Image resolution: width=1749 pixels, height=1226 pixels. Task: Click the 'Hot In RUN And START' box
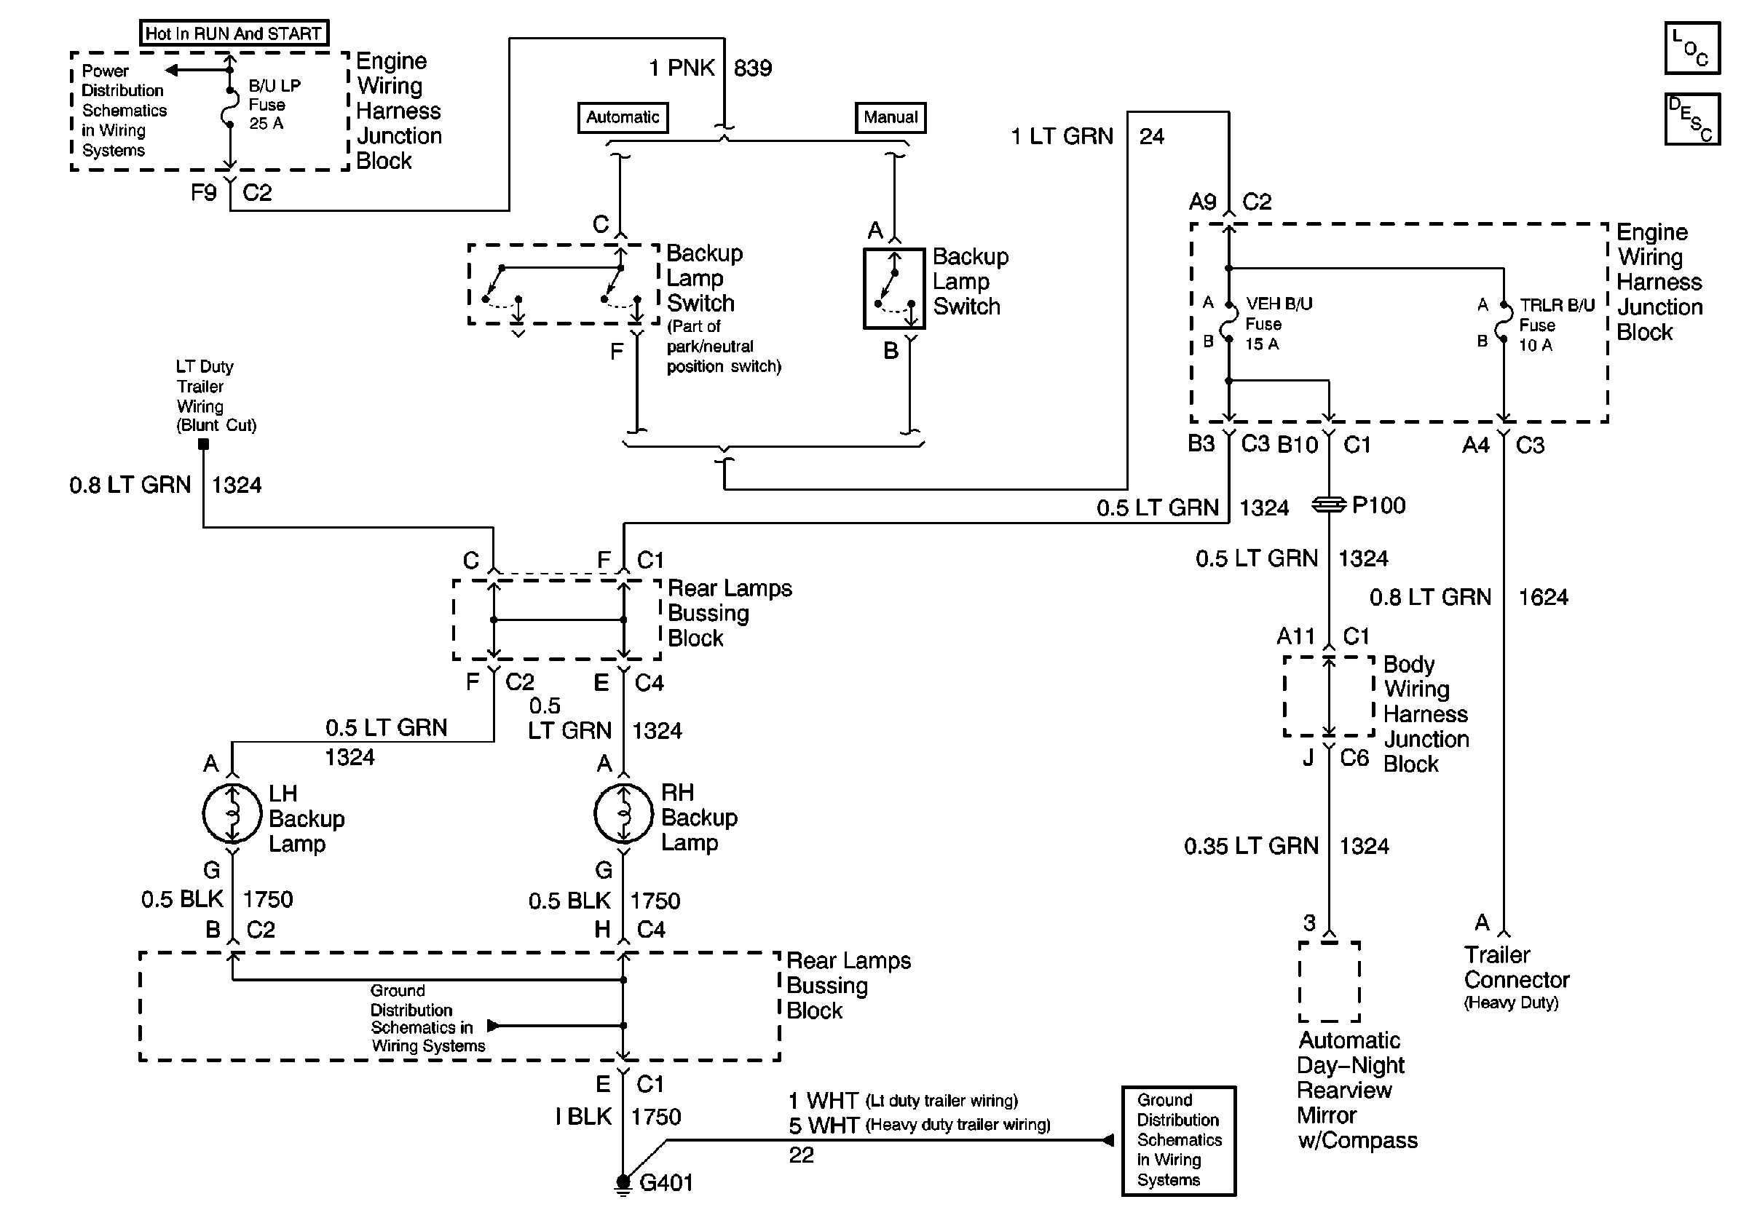pos(234,33)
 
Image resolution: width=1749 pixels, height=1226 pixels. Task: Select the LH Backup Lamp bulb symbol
pos(232,813)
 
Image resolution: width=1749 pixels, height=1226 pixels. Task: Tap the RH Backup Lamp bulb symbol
pos(623,813)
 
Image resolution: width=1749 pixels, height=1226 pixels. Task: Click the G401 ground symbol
pos(623,1182)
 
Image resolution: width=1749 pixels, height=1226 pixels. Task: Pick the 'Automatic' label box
pos(623,117)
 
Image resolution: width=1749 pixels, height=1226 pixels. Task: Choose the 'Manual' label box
pos(890,117)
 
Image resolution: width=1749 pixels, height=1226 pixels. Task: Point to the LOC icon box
pos(1692,49)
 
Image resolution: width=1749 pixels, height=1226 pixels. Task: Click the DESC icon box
pos(1692,119)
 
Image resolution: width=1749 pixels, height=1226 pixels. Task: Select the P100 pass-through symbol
pos(1329,505)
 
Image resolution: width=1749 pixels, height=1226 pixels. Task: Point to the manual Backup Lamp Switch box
pos(893,288)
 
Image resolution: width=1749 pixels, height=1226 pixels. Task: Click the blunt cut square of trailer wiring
pos(203,445)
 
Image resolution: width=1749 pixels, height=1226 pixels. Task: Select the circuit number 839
pos(753,68)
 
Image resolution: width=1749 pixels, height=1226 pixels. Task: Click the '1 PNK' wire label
pos(681,68)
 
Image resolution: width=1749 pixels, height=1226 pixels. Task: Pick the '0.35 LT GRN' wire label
pos(1251,846)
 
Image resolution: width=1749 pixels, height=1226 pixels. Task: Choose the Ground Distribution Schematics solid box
pos(1178,1140)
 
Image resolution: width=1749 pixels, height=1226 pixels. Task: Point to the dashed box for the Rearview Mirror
pos(1329,981)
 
